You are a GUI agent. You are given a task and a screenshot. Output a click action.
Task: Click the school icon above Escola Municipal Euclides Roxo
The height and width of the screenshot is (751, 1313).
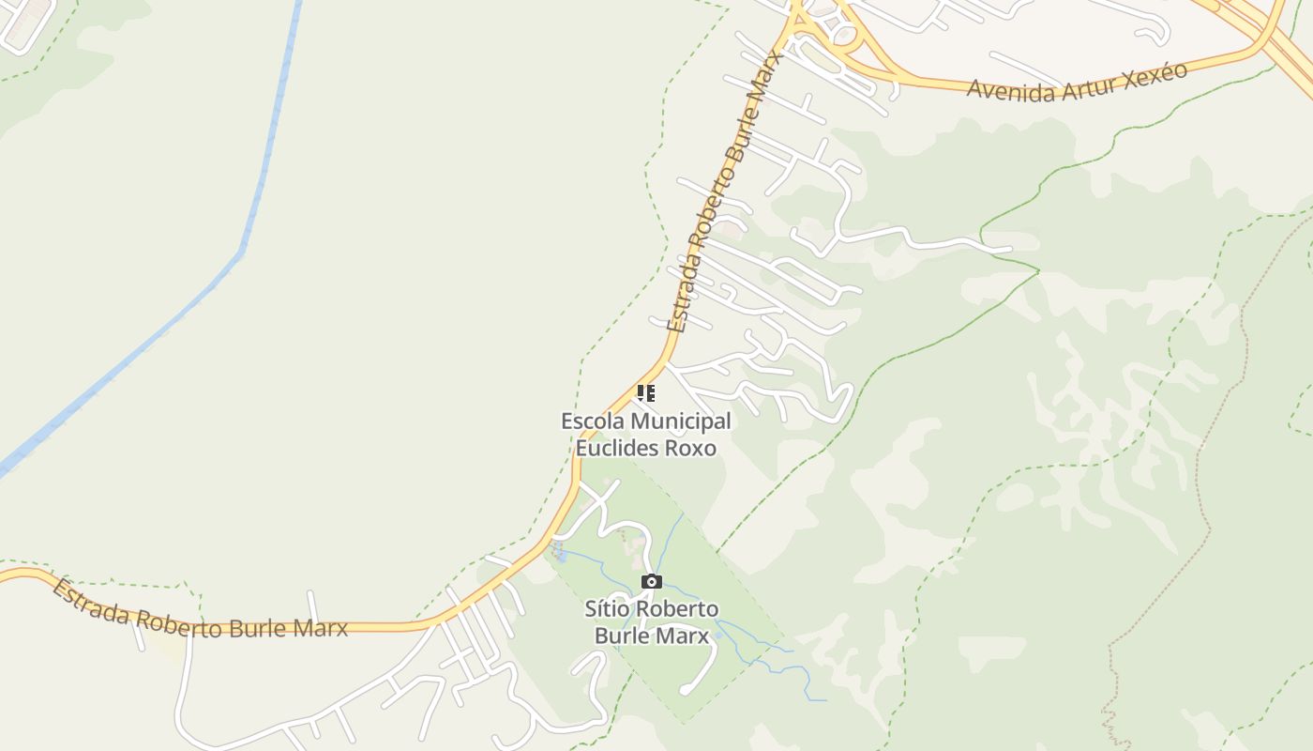(645, 393)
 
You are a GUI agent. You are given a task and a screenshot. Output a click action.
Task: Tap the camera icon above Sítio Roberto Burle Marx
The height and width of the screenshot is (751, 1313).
(651, 582)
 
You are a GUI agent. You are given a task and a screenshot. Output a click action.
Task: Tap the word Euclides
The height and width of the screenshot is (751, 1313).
(617, 448)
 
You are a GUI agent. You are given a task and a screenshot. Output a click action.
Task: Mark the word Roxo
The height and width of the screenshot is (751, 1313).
(690, 448)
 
